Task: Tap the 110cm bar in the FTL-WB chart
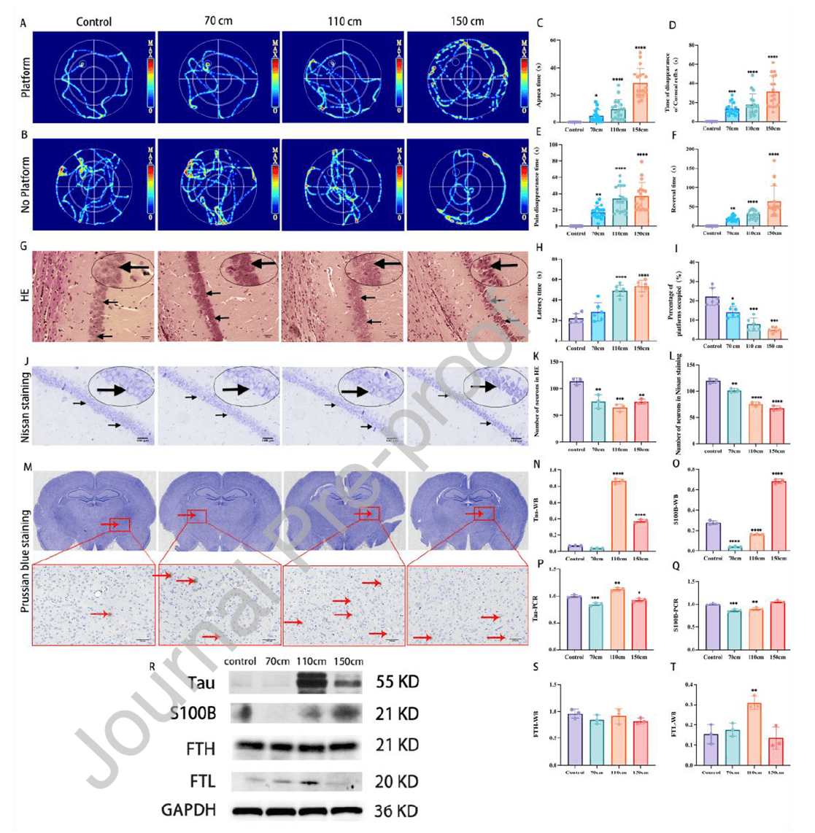[x=756, y=733]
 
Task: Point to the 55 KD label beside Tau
[x=398, y=682]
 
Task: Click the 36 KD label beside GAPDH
[x=398, y=810]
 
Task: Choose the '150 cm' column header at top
[x=467, y=21]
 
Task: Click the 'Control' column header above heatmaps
[x=94, y=21]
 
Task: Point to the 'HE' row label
[x=26, y=295]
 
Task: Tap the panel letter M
[x=28, y=466]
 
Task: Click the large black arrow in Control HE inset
[x=131, y=268]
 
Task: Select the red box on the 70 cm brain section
[x=196, y=516]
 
